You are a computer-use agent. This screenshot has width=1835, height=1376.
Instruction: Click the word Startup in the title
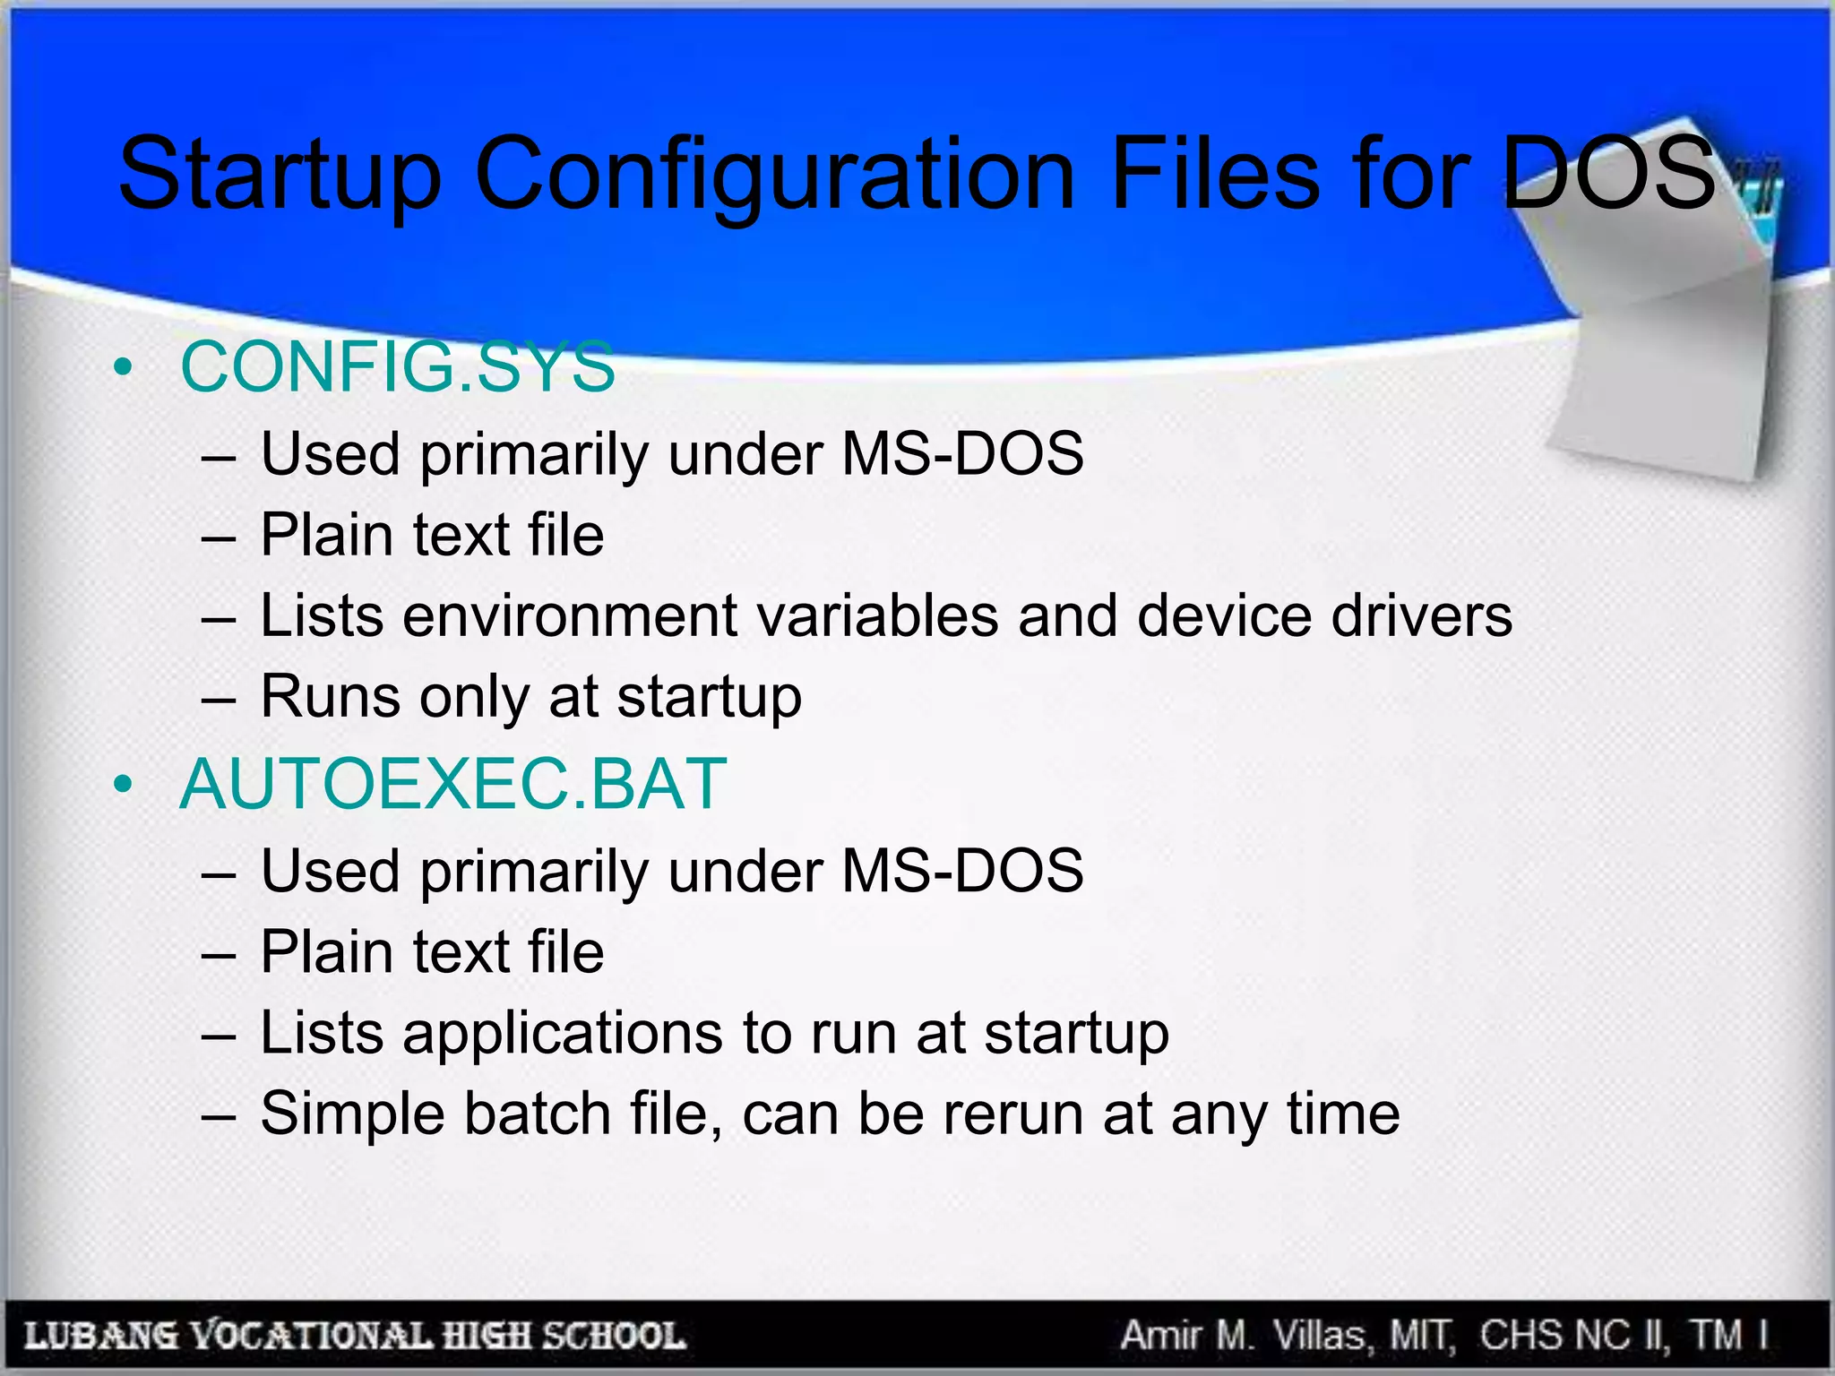point(280,175)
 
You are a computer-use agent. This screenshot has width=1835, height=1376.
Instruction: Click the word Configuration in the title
point(774,175)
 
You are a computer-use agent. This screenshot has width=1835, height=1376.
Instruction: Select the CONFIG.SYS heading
point(398,366)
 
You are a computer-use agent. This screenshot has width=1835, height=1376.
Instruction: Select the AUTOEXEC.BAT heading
point(452,784)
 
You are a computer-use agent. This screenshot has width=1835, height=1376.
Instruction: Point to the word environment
point(570,616)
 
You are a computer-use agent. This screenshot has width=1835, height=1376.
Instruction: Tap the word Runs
point(330,696)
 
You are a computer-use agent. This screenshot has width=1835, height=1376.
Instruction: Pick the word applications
point(562,1032)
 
